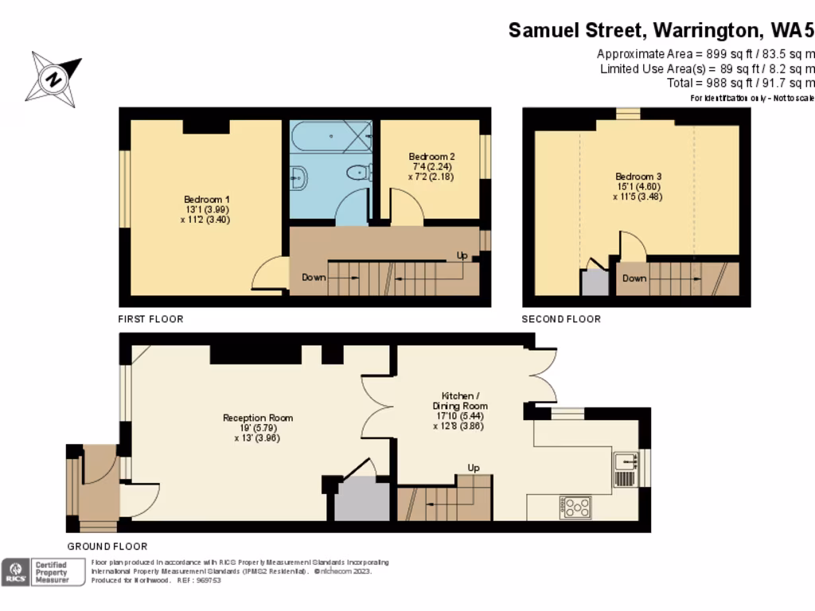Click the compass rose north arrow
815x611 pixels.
point(54,79)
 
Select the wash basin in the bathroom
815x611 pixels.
point(298,177)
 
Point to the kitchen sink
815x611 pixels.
point(625,461)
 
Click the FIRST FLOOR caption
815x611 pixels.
point(150,319)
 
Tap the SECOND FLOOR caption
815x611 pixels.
point(561,319)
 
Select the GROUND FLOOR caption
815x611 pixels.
point(107,547)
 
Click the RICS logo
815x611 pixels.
point(14,572)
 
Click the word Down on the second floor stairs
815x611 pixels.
point(634,278)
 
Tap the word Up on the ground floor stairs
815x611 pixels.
point(474,467)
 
